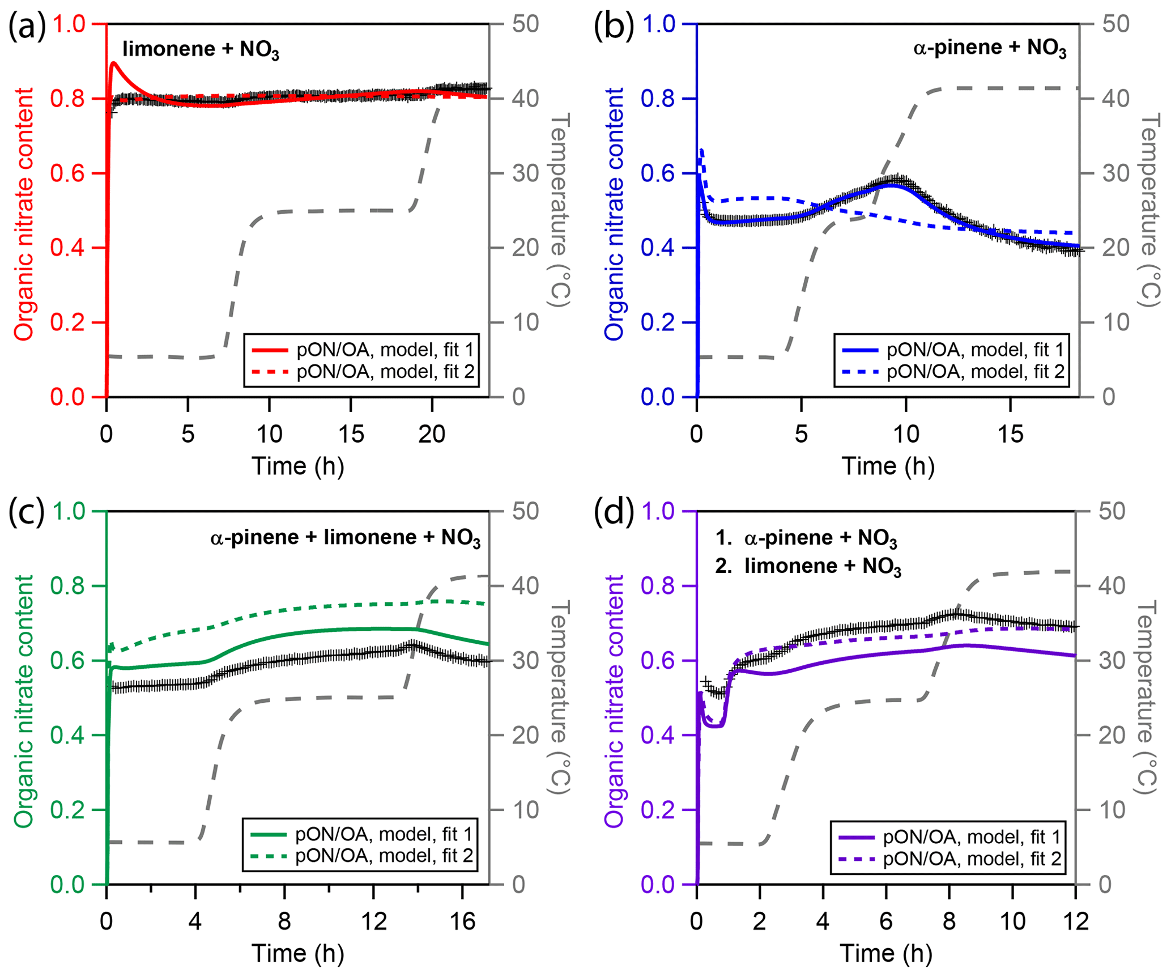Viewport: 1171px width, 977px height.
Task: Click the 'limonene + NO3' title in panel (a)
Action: pyautogui.click(x=201, y=50)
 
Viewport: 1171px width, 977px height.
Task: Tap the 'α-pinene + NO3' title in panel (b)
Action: pyautogui.click(x=989, y=48)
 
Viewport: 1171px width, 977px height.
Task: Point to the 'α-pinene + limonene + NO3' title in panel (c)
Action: pyautogui.click(x=345, y=537)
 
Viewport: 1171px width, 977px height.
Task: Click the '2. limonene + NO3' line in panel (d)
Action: pyautogui.click(x=808, y=566)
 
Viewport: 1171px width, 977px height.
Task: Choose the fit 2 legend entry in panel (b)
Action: pyautogui.click(x=952, y=372)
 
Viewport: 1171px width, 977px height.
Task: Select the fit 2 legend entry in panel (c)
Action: pyautogui.click(x=360, y=856)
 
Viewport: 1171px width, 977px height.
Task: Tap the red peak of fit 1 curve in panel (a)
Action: pyautogui.click(x=113, y=63)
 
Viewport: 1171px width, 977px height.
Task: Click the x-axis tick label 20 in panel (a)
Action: pyautogui.click(x=432, y=434)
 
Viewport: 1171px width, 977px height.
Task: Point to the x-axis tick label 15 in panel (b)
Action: pyautogui.click(x=1010, y=434)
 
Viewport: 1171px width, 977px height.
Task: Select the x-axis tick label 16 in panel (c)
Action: pyautogui.click(x=462, y=921)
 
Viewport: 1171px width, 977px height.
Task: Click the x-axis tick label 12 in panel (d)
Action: pyautogui.click(x=1075, y=921)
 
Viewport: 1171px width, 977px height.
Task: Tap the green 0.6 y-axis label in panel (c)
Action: pyautogui.click(x=67, y=661)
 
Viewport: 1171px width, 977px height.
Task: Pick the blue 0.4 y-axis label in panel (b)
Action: pyautogui.click(x=657, y=248)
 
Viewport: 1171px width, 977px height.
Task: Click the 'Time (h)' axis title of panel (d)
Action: pyautogui.click(x=886, y=953)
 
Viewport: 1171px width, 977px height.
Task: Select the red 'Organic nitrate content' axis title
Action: pyautogui.click(x=24, y=214)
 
